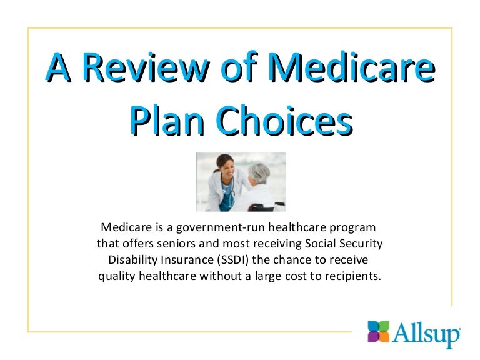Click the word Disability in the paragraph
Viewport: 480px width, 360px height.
point(132,259)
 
